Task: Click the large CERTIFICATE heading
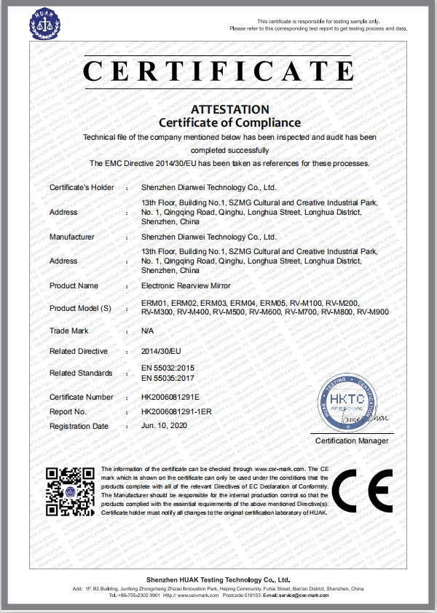[x=219, y=71]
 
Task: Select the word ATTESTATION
[x=229, y=109]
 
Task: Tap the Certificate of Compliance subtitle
[x=229, y=122]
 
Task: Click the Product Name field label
[x=74, y=285]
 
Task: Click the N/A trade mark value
[x=147, y=331]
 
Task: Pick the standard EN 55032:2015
[x=168, y=368]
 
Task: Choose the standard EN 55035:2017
[x=168, y=378]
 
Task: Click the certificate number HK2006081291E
[x=170, y=397]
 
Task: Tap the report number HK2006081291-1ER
[x=176, y=411]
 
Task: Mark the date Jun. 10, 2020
[x=164, y=426]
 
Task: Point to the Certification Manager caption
[x=352, y=441]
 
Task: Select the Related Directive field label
[x=78, y=351]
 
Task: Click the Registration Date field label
[x=79, y=426]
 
